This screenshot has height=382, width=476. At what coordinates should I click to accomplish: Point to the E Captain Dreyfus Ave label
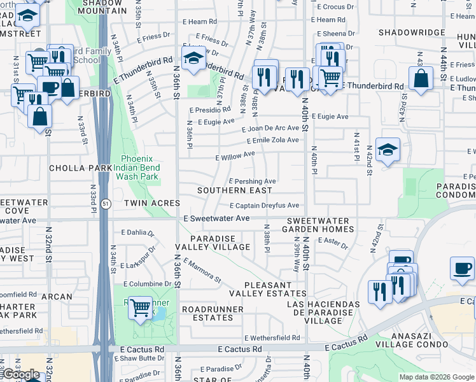pyautogui.click(x=264, y=206)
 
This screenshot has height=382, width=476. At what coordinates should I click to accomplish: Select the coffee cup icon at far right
pyautogui.click(x=462, y=269)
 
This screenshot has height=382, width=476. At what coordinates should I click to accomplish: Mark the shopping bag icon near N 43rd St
pyautogui.click(x=421, y=79)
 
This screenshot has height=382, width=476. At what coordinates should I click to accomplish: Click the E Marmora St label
pyautogui.click(x=202, y=271)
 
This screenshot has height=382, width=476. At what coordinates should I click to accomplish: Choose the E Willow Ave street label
pyautogui.click(x=235, y=154)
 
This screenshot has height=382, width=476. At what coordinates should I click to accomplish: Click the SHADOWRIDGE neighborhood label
pyautogui.click(x=411, y=32)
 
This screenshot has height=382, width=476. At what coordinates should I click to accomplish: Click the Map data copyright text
pyautogui.click(x=436, y=377)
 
